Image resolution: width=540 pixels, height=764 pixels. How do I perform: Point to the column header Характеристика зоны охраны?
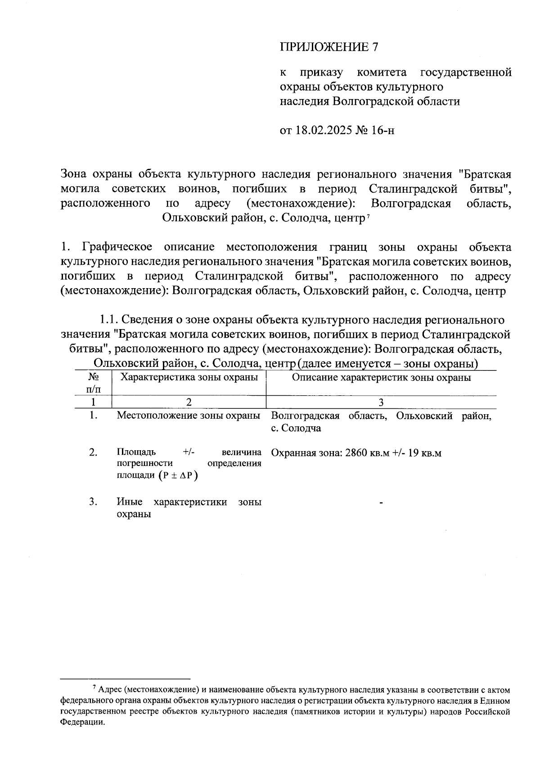point(189,377)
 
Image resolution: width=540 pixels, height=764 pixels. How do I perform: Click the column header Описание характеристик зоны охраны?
point(381,377)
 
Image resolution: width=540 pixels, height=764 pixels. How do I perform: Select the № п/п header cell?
point(93,382)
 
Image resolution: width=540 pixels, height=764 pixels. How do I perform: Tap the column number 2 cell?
point(189,402)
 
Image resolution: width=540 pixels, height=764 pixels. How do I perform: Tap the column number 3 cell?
point(381,402)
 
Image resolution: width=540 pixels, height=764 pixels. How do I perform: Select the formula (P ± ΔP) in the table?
point(178,476)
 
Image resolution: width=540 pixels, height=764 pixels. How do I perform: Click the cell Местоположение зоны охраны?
point(189,416)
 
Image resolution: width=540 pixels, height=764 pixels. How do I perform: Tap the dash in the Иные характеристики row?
point(381,503)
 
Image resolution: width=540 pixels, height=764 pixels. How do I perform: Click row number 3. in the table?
point(93,502)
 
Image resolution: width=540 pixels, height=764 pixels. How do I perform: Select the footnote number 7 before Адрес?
point(94,688)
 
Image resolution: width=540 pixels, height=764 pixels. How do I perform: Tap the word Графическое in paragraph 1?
point(117,247)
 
